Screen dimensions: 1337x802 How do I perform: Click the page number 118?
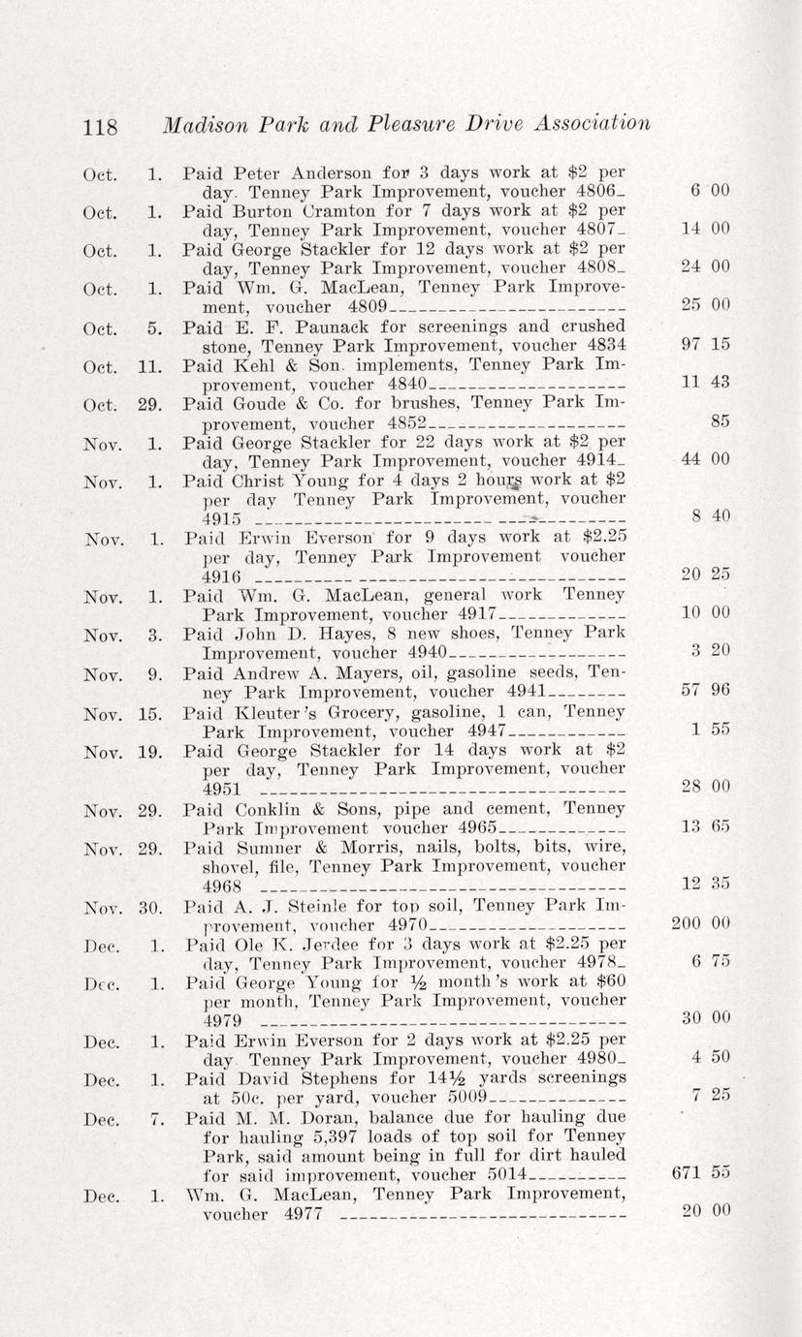tap(100, 127)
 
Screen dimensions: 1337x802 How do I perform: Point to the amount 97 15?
tap(705, 345)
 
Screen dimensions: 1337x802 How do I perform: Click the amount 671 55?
tap(700, 1172)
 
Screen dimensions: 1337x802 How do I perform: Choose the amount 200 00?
tap(700, 924)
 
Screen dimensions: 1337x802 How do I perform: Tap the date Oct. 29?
tap(121, 404)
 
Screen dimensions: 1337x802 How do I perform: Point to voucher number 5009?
tap(469, 1098)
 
